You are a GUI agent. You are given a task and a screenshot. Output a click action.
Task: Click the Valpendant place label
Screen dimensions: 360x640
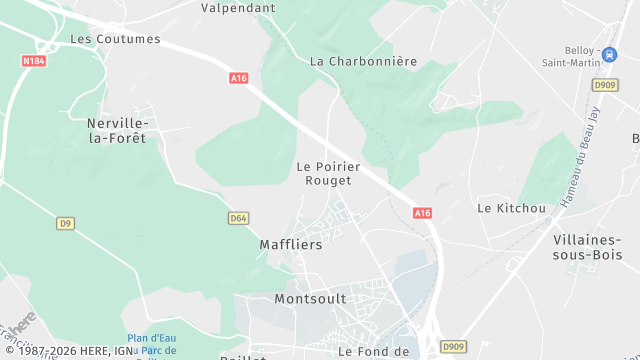click(237, 7)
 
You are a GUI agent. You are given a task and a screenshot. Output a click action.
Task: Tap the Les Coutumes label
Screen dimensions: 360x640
click(115, 39)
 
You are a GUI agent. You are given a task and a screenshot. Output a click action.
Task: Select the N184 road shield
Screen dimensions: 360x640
click(33, 62)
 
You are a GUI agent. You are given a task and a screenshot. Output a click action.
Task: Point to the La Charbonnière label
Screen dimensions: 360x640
click(363, 61)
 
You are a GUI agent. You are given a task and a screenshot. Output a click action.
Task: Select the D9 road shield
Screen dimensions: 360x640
click(66, 223)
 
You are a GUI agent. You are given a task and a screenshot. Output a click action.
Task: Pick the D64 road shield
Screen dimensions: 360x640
click(238, 218)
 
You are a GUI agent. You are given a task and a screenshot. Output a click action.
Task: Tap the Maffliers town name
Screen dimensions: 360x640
click(291, 244)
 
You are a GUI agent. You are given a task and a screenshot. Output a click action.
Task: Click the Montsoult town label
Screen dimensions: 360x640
click(310, 299)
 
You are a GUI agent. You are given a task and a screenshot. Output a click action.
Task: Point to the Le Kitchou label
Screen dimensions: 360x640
click(511, 208)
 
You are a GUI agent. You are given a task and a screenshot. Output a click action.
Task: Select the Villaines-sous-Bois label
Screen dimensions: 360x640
click(587, 247)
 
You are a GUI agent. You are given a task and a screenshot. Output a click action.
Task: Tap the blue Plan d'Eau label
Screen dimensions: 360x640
click(152, 339)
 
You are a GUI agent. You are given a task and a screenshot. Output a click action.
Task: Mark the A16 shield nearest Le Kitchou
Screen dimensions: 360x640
click(422, 213)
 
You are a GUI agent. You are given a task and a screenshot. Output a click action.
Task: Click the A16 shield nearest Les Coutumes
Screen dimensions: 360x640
click(238, 77)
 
